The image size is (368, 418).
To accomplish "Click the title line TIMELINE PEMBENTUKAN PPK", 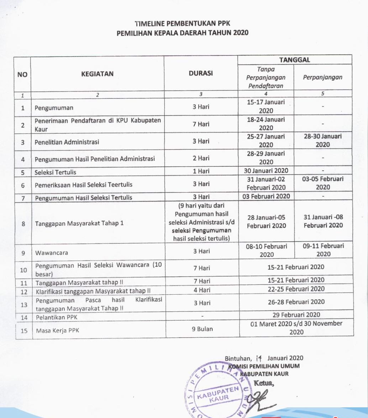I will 183,24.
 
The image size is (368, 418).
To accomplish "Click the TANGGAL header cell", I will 295,60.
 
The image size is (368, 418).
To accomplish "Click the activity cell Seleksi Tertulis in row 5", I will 56,172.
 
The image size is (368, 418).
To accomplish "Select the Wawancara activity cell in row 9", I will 52,253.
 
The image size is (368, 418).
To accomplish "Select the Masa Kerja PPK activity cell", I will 57,331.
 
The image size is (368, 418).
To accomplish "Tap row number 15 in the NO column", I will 24,330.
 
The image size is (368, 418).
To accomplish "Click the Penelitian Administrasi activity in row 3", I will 67,142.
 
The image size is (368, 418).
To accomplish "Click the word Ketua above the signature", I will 263,383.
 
